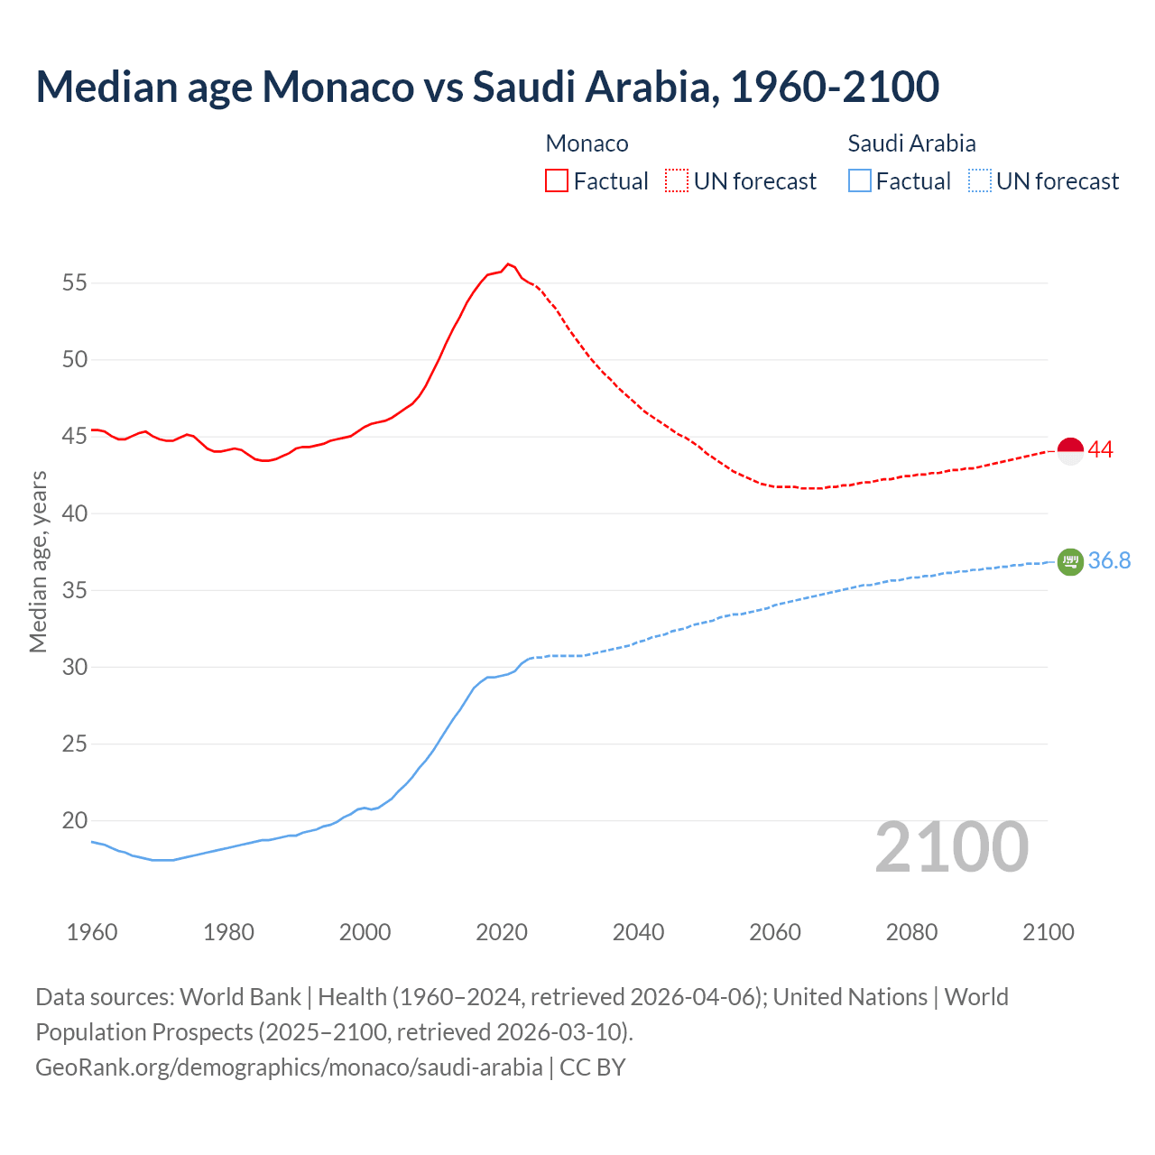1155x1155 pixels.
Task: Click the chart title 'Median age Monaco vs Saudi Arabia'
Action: pyautogui.click(x=487, y=87)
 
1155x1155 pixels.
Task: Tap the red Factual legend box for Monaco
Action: pyautogui.click(x=557, y=180)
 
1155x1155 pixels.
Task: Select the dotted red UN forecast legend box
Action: pyautogui.click(x=677, y=180)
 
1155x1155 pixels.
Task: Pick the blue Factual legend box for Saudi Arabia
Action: pyautogui.click(x=860, y=180)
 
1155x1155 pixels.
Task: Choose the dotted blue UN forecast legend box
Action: pyautogui.click(x=980, y=180)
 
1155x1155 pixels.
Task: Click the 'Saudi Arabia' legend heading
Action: pyautogui.click(x=911, y=143)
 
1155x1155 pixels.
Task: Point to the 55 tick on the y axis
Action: pyautogui.click(x=75, y=282)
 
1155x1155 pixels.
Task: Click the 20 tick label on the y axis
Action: pyautogui.click(x=75, y=820)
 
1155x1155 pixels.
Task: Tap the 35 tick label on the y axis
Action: pyautogui.click(x=75, y=590)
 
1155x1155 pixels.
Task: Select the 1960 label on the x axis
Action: pyautogui.click(x=92, y=932)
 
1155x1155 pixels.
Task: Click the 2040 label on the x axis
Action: pyautogui.click(x=638, y=932)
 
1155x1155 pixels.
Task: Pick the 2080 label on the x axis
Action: pyautogui.click(x=911, y=932)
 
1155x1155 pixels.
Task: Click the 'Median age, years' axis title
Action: pyautogui.click(x=38, y=560)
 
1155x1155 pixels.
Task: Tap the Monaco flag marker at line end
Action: pyautogui.click(x=1070, y=449)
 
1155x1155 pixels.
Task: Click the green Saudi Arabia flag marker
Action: pyautogui.click(x=1070, y=561)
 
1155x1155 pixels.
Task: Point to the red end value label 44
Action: pyautogui.click(x=1101, y=449)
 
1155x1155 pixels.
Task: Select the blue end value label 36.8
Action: pyautogui.click(x=1109, y=560)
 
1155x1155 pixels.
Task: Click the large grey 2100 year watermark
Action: pyautogui.click(x=952, y=846)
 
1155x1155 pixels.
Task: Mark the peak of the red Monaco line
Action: pyautogui.click(x=508, y=263)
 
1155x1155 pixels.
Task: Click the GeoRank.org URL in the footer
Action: pyautogui.click(x=289, y=1067)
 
